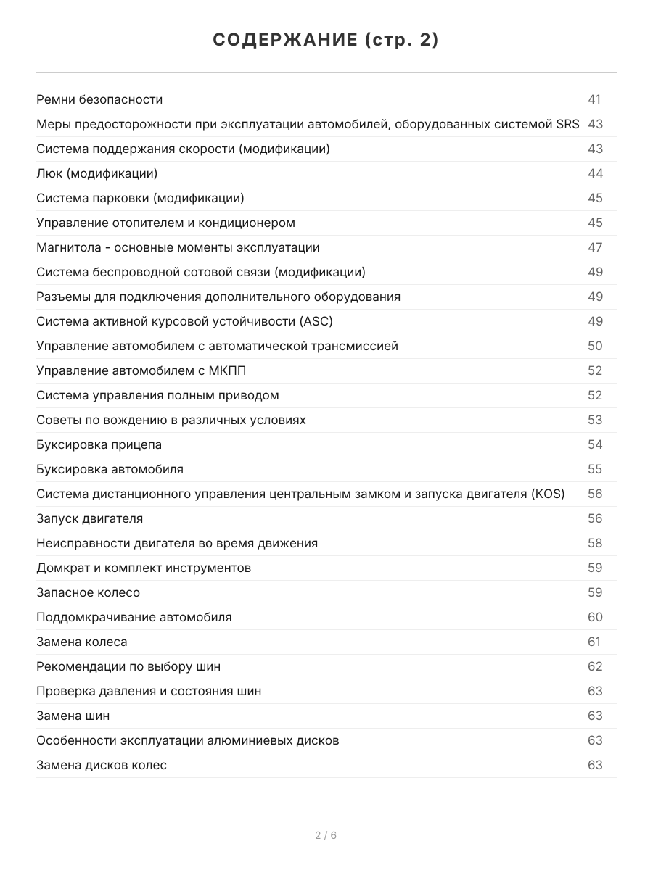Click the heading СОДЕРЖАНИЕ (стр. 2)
(x=326, y=41)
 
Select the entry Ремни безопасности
(x=99, y=99)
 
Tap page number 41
(x=594, y=99)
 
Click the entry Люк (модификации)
(x=96, y=173)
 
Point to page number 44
(x=595, y=173)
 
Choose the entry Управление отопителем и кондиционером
(x=165, y=223)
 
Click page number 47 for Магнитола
(x=595, y=247)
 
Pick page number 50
(x=595, y=346)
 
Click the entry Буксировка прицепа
(x=99, y=444)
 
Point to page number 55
(x=595, y=469)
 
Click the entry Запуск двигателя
(x=89, y=518)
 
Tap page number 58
(x=595, y=543)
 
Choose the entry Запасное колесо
(x=88, y=592)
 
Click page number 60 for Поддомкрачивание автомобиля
(x=595, y=617)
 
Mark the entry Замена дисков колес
(x=102, y=765)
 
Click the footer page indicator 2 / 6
(x=326, y=835)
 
